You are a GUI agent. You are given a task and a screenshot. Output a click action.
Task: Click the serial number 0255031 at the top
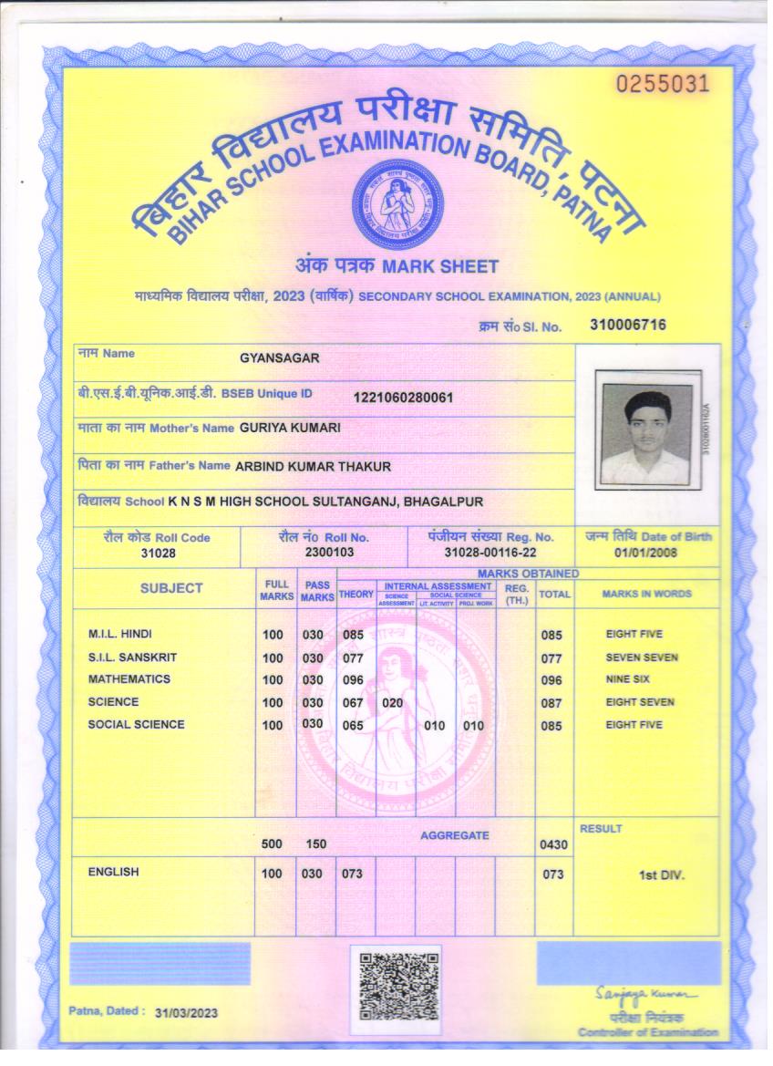(662, 85)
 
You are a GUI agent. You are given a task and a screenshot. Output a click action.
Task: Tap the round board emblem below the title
(397, 204)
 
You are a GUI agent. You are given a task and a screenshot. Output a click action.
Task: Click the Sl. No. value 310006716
(628, 325)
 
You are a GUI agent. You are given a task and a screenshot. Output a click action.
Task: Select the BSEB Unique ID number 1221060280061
(403, 398)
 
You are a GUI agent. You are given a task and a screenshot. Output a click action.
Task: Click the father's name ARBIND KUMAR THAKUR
(313, 466)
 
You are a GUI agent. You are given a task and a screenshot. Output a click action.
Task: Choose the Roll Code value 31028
(158, 553)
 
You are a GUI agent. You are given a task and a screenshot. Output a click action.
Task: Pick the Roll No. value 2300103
(324, 552)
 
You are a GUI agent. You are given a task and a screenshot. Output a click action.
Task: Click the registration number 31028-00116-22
(490, 553)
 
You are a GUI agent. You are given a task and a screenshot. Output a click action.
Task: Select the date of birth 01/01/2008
(645, 553)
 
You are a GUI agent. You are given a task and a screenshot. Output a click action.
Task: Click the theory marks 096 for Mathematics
(354, 680)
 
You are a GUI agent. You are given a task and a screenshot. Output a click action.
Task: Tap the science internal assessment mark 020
(392, 703)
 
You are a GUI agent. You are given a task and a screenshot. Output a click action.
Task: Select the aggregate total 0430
(553, 845)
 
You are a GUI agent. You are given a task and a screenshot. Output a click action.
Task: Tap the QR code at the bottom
(398, 986)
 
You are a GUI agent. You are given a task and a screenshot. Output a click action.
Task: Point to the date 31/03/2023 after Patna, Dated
(187, 1013)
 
